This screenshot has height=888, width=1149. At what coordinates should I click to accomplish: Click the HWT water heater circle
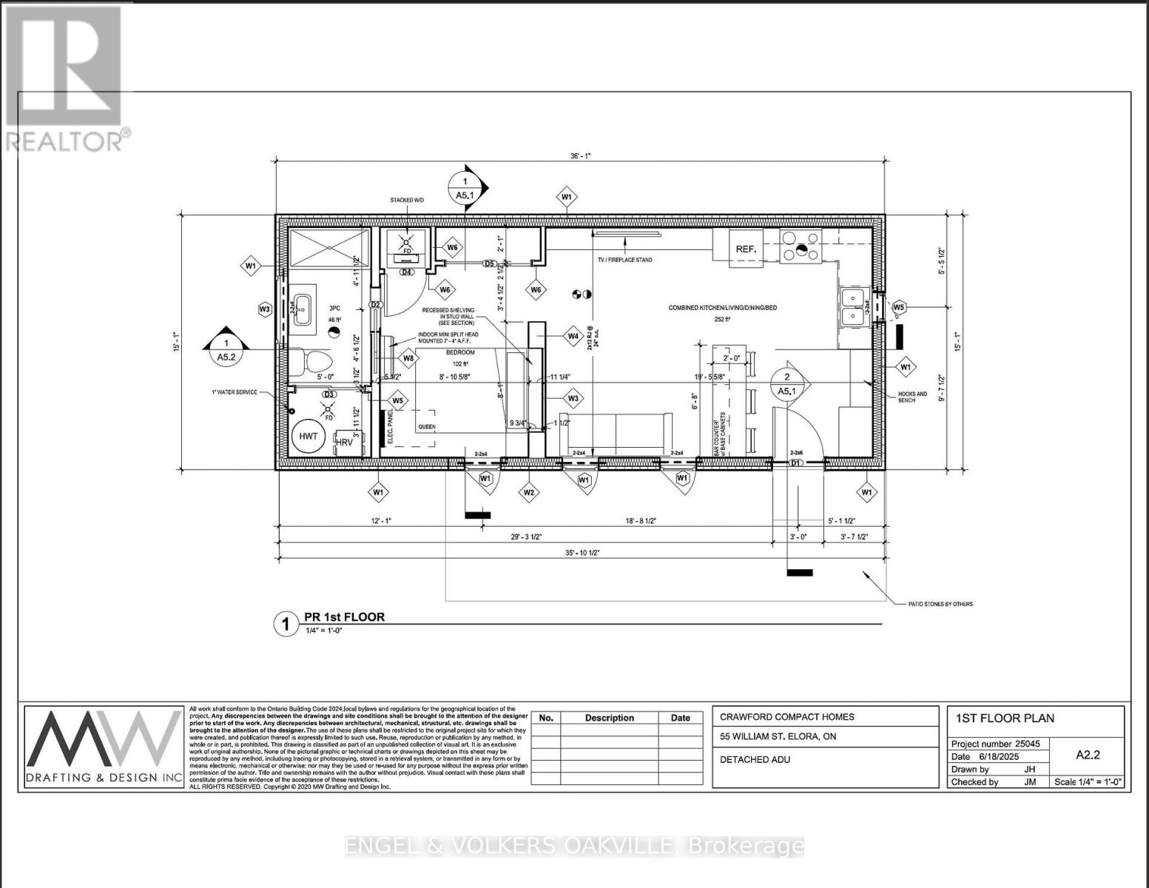pyautogui.click(x=309, y=437)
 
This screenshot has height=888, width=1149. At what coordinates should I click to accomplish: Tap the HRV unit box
pyautogui.click(x=345, y=442)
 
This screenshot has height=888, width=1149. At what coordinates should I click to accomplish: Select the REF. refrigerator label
pyautogui.click(x=746, y=249)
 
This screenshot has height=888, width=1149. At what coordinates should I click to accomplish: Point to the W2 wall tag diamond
pyautogui.click(x=529, y=492)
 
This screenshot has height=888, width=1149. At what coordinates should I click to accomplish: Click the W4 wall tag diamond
pyautogui.click(x=573, y=336)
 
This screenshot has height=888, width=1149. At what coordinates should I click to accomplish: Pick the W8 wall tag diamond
pyautogui.click(x=408, y=359)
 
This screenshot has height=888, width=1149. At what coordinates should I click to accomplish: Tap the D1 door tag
pyautogui.click(x=796, y=463)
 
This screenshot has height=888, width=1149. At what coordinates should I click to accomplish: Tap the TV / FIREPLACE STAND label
pyautogui.click(x=624, y=260)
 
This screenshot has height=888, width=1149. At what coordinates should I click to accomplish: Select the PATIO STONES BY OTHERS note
pyautogui.click(x=940, y=604)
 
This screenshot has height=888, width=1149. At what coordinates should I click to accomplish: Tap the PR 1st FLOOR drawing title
pyautogui.click(x=344, y=617)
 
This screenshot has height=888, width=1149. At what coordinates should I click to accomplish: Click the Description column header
pyautogui.click(x=609, y=718)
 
